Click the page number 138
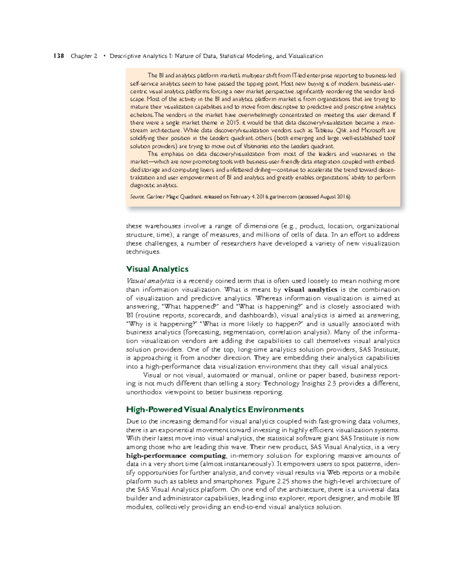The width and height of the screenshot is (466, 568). pyautogui.click(x=59, y=56)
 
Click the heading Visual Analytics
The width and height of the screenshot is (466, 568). pyautogui.click(x=157, y=269)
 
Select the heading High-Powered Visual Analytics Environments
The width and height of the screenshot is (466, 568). pyautogui.click(x=215, y=409)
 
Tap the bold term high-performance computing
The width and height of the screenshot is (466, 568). pyautogui.click(x=176, y=455)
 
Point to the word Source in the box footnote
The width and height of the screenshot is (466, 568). pyautogui.click(x=137, y=197)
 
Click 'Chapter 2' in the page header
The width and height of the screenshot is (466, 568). pyautogui.click(x=84, y=56)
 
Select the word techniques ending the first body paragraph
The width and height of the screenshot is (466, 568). pyautogui.click(x=143, y=251)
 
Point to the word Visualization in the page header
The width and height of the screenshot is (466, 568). pyautogui.click(x=305, y=56)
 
